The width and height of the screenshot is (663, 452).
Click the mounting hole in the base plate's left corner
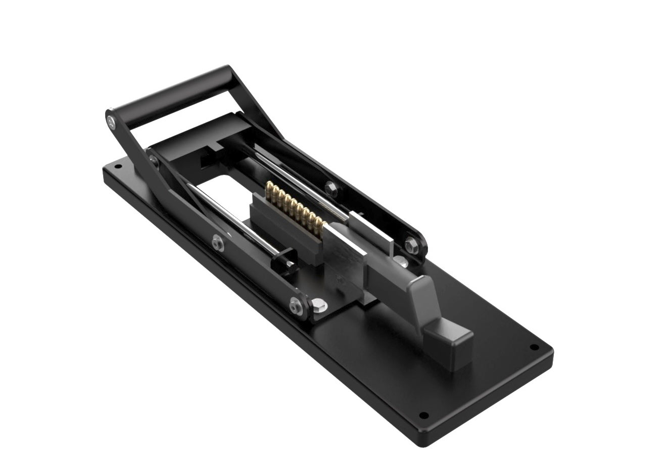point(119,164)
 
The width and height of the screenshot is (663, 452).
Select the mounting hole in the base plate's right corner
point(534,347)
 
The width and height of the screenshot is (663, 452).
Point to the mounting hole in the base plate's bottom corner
point(423,416)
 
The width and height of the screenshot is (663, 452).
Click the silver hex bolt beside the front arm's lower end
point(317,304)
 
